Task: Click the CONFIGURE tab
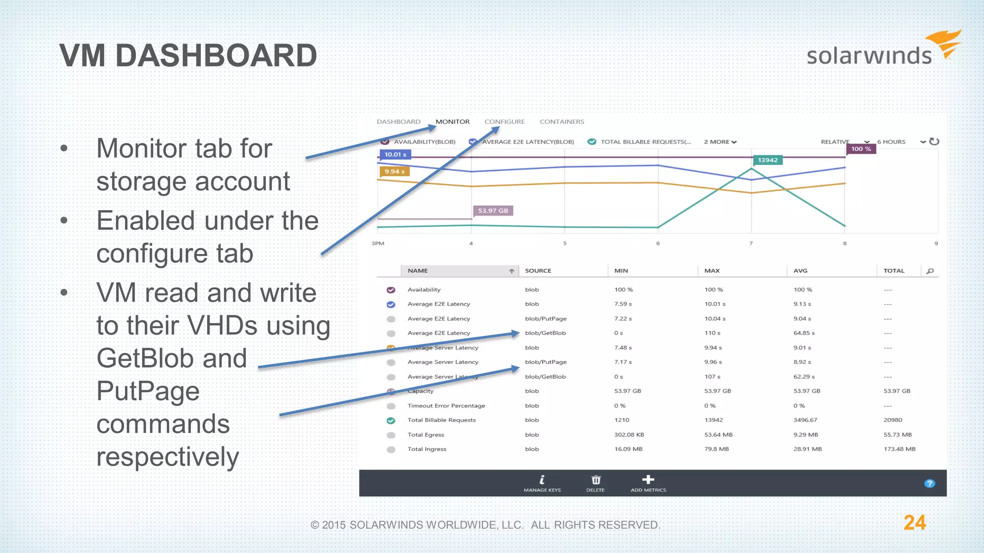click(x=504, y=122)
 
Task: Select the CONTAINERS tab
click(x=562, y=122)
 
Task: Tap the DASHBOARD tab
click(x=398, y=122)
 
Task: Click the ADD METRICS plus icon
click(x=648, y=480)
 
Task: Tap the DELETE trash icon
click(x=596, y=480)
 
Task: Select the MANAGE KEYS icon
click(x=542, y=480)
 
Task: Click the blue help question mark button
click(x=930, y=483)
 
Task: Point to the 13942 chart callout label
click(x=767, y=160)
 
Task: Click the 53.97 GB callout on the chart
click(x=493, y=211)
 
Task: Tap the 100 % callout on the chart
click(x=861, y=149)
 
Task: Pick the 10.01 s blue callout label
click(x=395, y=155)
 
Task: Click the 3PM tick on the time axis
click(x=378, y=243)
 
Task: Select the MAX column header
click(x=712, y=271)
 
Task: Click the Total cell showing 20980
click(x=893, y=420)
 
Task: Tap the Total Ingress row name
click(x=427, y=449)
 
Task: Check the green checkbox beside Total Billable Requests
click(x=391, y=421)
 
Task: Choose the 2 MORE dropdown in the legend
click(x=720, y=142)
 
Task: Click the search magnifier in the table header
click(x=930, y=271)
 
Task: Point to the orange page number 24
click(x=914, y=523)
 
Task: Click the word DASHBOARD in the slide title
click(x=216, y=56)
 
